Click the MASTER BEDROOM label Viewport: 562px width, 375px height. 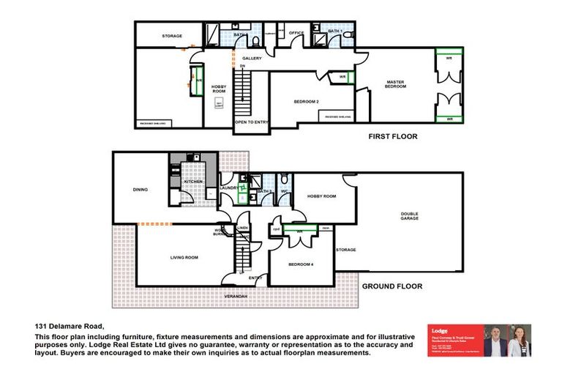pos(395,83)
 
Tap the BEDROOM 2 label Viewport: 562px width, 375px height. pos(307,101)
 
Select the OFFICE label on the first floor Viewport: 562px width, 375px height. pos(296,33)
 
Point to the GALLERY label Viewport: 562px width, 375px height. pos(252,58)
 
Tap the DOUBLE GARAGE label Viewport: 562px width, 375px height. pos(409,217)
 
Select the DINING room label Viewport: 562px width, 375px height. pos(140,190)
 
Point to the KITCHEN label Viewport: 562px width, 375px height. pos(182,181)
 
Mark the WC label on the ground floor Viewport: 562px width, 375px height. pos(284,192)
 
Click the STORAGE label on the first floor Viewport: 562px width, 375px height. pos(172,36)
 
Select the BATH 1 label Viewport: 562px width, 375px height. pos(335,31)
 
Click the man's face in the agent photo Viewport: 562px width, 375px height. pos(498,335)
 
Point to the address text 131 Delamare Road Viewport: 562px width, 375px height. pos(70,326)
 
